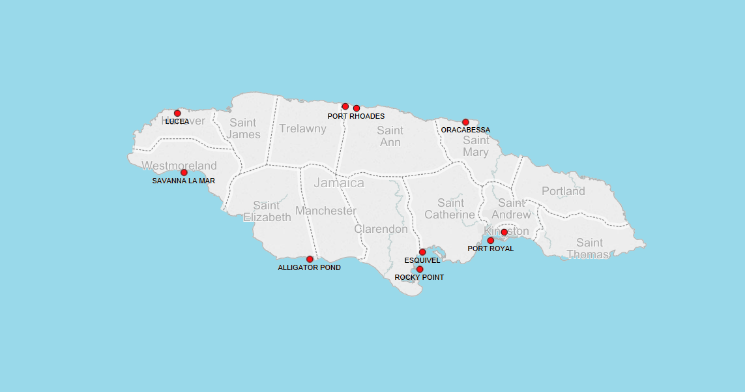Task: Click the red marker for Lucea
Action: click(177, 113)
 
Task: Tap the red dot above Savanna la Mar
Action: click(184, 173)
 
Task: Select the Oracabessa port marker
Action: click(465, 122)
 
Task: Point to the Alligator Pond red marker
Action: click(310, 259)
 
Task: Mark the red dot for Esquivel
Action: click(422, 252)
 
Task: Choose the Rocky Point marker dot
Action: click(420, 269)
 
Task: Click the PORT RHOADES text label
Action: click(356, 116)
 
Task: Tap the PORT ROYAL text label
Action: click(491, 249)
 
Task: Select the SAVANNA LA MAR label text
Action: click(183, 181)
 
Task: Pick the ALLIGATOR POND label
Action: click(309, 267)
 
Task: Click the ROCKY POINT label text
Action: click(419, 277)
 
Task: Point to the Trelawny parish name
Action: click(302, 128)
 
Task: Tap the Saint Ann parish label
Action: click(390, 136)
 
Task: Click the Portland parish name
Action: click(563, 191)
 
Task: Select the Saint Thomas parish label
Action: click(589, 249)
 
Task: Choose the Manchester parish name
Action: click(326, 211)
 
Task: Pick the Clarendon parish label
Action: click(381, 229)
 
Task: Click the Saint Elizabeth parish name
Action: click(267, 211)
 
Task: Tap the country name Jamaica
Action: click(339, 183)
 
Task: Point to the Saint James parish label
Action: click(244, 128)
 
